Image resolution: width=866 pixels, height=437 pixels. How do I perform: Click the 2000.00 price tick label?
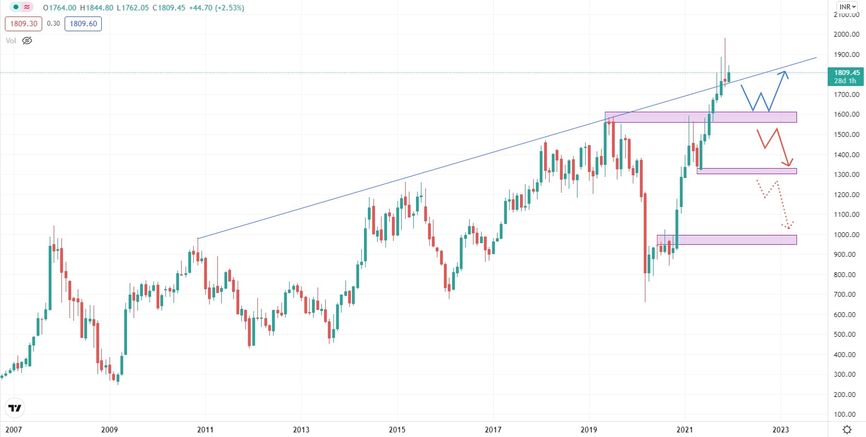[846, 34]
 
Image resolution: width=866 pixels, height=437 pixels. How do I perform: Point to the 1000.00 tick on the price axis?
[846, 234]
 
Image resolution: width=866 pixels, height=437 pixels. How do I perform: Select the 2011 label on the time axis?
[205, 429]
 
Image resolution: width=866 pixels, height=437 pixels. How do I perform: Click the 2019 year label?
[589, 429]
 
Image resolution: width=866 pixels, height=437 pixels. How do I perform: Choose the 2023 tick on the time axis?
[781, 429]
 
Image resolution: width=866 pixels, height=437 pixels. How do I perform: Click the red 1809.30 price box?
[24, 24]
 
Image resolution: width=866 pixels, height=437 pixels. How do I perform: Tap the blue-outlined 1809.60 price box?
[83, 24]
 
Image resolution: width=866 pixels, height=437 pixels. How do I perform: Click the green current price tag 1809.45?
[846, 76]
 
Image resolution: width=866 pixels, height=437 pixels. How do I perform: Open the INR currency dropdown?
[847, 7]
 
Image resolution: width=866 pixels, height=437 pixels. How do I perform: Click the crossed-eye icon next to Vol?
[27, 41]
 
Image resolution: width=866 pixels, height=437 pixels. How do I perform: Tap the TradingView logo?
[15, 408]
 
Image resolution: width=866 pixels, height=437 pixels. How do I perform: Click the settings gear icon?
[847, 429]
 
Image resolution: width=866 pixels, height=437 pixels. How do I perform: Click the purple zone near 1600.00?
[701, 117]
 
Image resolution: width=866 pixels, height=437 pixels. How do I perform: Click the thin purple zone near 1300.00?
[747, 171]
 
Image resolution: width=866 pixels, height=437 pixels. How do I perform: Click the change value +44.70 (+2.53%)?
[216, 8]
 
